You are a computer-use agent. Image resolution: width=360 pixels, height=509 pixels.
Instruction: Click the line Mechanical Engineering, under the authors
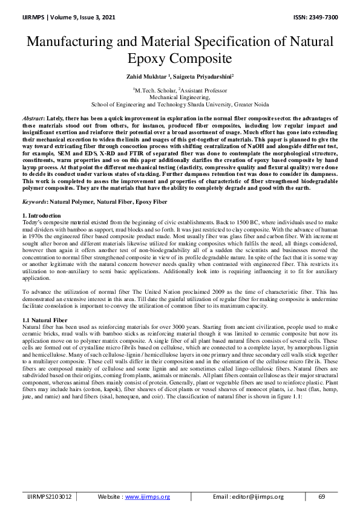(180, 96)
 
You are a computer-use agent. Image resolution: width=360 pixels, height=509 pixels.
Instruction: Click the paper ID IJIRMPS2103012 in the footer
(49, 496)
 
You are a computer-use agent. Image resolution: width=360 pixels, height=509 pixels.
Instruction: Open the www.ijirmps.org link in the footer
(147, 496)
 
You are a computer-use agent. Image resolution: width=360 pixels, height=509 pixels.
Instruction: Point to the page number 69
(322, 496)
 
